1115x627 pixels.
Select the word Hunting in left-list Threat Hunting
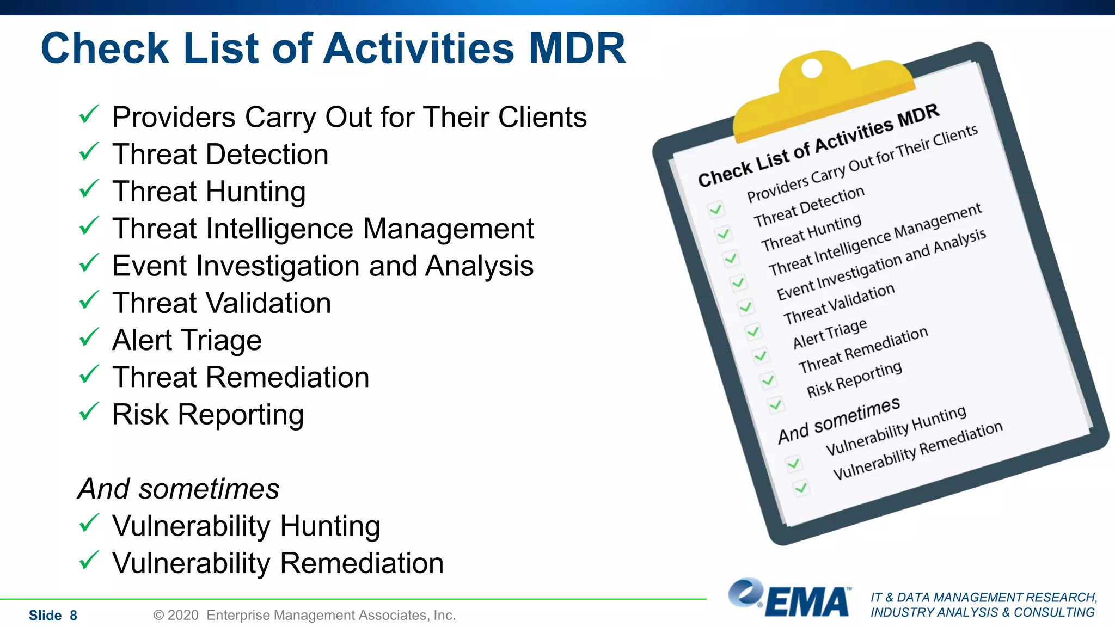point(255,192)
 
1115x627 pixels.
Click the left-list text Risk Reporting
point(207,415)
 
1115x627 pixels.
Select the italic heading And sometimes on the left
point(178,488)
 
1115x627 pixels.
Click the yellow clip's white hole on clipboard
point(812,69)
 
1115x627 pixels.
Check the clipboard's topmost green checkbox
point(715,209)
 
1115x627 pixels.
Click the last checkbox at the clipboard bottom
point(801,488)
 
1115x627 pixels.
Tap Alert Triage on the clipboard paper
point(829,334)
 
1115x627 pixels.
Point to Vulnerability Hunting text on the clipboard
point(896,431)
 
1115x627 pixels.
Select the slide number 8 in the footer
point(73,616)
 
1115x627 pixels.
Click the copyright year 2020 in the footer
point(183,615)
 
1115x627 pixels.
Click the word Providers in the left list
point(174,118)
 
